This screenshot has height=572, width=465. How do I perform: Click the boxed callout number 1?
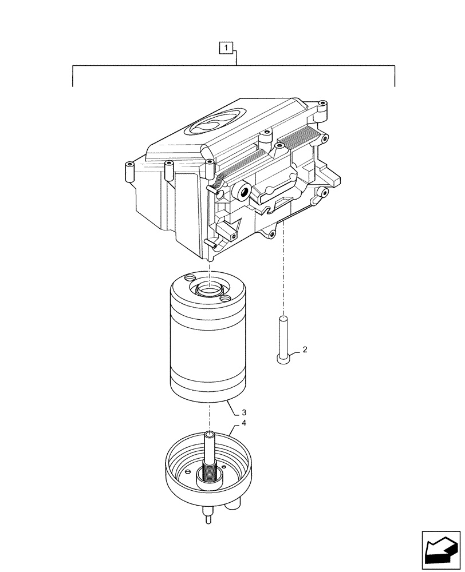[228, 48]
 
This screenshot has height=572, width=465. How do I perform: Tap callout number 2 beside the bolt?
[305, 350]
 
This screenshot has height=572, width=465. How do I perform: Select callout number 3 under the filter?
[244, 412]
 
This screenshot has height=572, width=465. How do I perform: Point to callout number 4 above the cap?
[244, 423]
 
